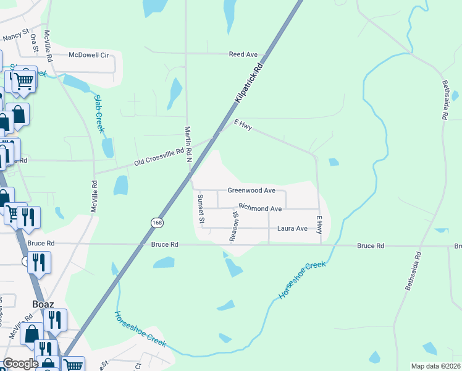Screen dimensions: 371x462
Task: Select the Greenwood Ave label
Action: (x=251, y=190)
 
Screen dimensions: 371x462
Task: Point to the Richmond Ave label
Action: (x=260, y=208)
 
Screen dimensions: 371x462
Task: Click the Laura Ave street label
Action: (x=292, y=228)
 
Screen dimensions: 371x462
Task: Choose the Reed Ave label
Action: (x=243, y=54)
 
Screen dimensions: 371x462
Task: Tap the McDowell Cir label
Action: (x=88, y=55)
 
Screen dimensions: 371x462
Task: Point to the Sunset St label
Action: (x=201, y=208)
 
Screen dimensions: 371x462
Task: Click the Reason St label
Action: (x=234, y=226)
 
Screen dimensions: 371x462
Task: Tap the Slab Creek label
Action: (x=99, y=113)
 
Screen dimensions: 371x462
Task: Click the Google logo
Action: (x=20, y=364)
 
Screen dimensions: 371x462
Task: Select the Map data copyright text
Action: (x=435, y=366)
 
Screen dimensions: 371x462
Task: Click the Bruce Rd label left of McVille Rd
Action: (x=41, y=244)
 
